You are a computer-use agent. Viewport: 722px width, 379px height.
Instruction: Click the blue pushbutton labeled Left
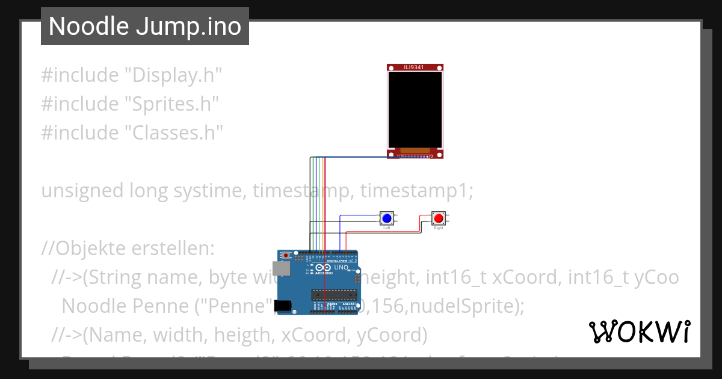click(x=387, y=218)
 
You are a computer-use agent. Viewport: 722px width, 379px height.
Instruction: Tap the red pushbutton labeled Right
click(x=439, y=218)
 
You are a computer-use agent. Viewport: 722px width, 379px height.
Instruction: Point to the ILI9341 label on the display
click(x=414, y=67)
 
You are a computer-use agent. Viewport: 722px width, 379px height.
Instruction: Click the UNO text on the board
click(x=341, y=267)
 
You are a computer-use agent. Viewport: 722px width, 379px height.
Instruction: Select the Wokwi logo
click(x=639, y=332)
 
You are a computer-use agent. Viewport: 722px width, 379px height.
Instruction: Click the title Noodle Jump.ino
click(x=144, y=26)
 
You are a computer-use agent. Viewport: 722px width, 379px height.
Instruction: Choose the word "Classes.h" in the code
click(x=174, y=132)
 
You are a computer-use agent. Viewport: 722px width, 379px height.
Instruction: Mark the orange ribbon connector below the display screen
click(x=414, y=150)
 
